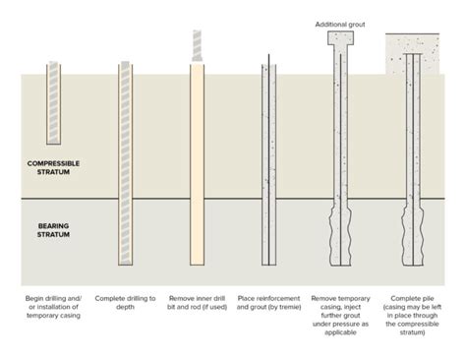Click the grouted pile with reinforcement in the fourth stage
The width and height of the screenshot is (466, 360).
266,167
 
